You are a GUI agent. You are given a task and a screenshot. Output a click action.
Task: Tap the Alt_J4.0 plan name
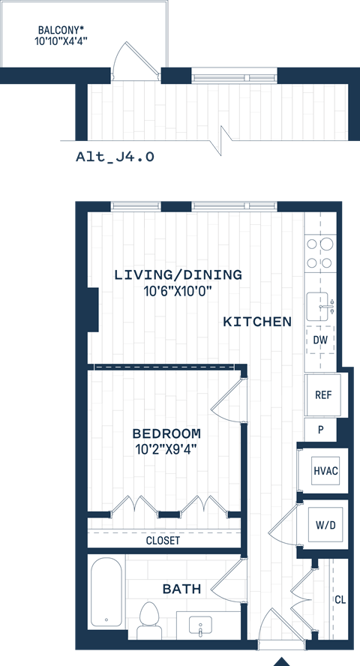pyautogui.click(x=115, y=157)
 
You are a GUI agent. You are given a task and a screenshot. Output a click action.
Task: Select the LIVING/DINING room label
pyautogui.click(x=178, y=275)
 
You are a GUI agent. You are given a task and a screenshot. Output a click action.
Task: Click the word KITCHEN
pyautogui.click(x=257, y=322)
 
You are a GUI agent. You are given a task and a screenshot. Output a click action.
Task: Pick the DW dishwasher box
pyautogui.click(x=320, y=340)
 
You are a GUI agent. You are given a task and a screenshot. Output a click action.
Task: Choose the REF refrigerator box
pyautogui.click(x=323, y=395)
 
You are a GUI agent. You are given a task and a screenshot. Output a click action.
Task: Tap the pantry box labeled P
pyautogui.click(x=320, y=430)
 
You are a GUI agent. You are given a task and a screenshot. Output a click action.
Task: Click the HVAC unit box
pyautogui.click(x=325, y=471)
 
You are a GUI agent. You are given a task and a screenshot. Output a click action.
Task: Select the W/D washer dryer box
pyautogui.click(x=326, y=524)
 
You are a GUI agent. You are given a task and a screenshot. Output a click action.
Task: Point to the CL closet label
pyautogui.click(x=340, y=599)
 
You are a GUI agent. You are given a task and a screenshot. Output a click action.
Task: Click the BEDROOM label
pyautogui.click(x=166, y=433)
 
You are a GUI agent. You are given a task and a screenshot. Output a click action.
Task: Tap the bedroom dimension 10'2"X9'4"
pyautogui.click(x=166, y=449)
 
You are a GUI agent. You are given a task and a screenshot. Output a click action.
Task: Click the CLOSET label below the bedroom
pyautogui.click(x=163, y=540)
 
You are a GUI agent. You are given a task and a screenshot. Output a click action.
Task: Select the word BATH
pyautogui.click(x=181, y=589)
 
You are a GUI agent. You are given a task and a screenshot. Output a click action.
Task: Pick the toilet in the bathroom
pyautogui.click(x=151, y=617)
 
